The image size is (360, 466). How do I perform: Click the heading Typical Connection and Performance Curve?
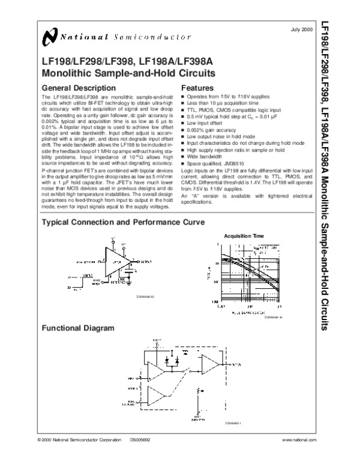pos(122,222)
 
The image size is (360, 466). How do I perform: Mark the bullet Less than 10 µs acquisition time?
pos(224,102)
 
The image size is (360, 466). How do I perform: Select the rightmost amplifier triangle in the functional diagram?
pos(209,363)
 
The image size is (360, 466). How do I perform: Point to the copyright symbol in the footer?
pos(40,440)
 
